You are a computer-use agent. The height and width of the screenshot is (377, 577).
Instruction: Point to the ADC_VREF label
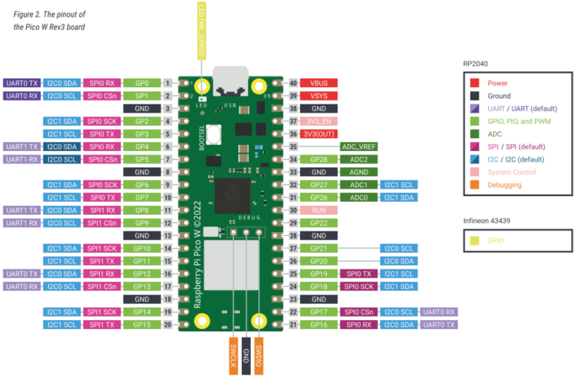pyautogui.click(x=359, y=147)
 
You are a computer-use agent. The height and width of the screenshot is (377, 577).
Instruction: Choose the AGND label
pyautogui.click(x=359, y=172)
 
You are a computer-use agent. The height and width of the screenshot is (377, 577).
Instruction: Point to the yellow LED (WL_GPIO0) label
pyautogui.click(x=201, y=31)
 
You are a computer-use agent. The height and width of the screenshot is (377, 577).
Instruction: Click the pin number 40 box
pyautogui.click(x=293, y=83)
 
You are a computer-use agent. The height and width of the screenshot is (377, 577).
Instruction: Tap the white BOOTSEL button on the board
pyautogui.click(x=214, y=137)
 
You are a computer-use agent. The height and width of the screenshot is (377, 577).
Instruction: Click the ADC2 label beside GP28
pyautogui.click(x=359, y=159)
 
